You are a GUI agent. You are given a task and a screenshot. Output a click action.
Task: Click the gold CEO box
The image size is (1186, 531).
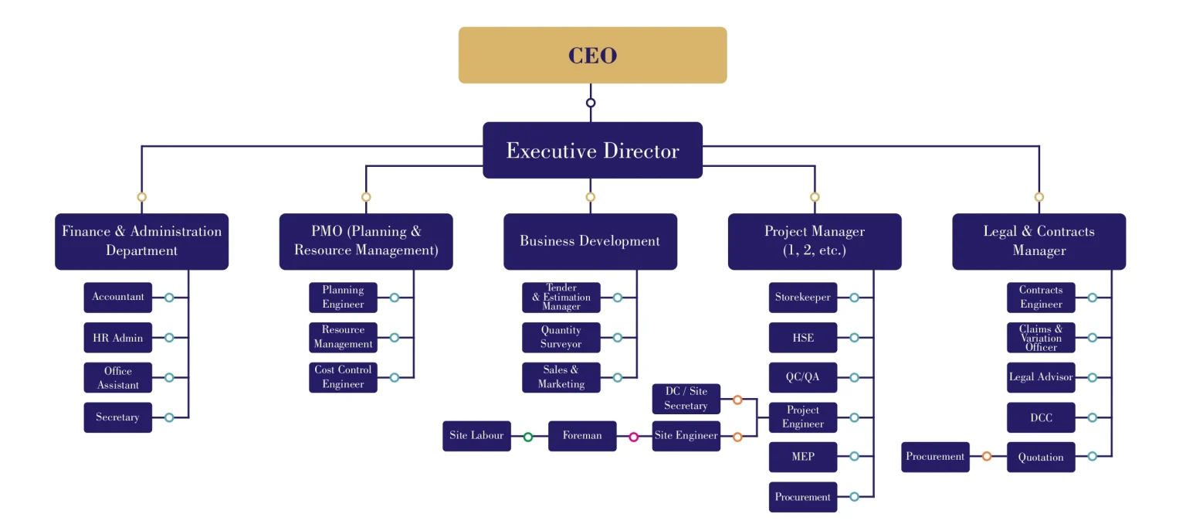click(592, 55)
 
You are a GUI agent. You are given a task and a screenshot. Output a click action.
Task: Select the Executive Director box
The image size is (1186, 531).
click(592, 150)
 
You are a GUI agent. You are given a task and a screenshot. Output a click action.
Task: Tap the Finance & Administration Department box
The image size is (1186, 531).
click(141, 241)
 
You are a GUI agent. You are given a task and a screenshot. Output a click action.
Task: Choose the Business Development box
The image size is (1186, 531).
click(590, 241)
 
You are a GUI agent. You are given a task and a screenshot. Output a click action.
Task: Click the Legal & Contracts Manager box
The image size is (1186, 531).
click(1039, 241)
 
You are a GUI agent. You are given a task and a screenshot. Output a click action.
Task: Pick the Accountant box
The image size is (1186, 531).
click(118, 297)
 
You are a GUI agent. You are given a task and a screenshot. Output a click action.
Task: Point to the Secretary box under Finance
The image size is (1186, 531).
click(118, 417)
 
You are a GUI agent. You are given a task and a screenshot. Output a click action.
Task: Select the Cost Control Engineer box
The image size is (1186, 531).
click(343, 377)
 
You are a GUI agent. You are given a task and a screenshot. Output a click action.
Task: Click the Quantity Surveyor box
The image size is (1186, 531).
click(561, 337)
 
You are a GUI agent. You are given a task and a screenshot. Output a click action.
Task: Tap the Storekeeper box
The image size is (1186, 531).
click(803, 297)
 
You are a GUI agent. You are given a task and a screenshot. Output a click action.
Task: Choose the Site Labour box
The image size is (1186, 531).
click(476, 436)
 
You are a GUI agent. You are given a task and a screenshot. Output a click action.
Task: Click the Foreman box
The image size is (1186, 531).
click(582, 436)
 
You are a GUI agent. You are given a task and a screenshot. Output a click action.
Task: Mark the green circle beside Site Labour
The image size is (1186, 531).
click(528, 437)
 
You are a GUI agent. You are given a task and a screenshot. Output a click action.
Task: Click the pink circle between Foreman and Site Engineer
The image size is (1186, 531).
click(634, 437)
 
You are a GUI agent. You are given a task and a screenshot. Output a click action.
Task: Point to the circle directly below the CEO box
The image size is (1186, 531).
click(591, 103)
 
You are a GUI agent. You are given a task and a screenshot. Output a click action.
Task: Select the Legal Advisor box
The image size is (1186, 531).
click(1041, 377)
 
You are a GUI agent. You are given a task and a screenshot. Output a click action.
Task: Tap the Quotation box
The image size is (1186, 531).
click(1041, 458)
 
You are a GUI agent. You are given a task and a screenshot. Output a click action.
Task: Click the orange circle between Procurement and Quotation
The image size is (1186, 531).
click(987, 457)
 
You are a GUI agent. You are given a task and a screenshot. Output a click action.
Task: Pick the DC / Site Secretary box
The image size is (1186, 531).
click(686, 399)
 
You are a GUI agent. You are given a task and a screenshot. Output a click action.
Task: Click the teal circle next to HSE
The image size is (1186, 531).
click(854, 338)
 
